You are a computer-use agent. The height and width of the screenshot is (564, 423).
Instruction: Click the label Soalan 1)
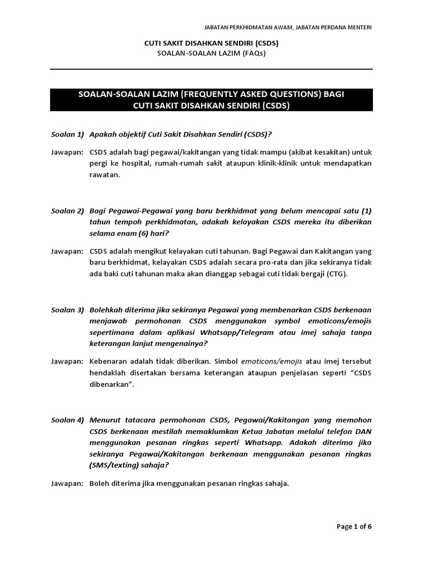point(66,134)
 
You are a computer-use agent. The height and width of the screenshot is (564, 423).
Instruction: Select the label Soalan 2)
point(66,211)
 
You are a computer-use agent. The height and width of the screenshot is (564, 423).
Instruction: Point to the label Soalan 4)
point(66,420)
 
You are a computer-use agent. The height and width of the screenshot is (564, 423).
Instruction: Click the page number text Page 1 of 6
point(354,527)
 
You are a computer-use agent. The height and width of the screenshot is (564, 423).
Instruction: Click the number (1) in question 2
point(366,211)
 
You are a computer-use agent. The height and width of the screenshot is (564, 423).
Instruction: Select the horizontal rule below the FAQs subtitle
point(211,69)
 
